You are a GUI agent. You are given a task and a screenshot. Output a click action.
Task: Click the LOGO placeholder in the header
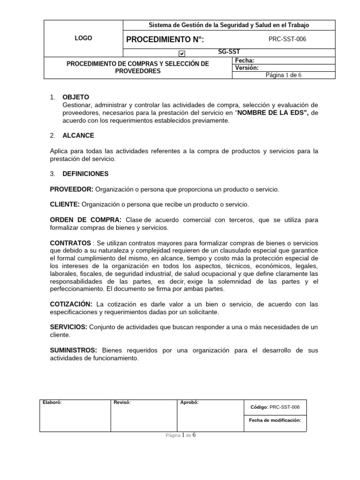(x=83, y=38)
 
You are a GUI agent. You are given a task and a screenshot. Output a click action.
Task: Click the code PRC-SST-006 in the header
(x=287, y=39)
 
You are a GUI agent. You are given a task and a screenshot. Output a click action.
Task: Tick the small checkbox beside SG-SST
(x=182, y=54)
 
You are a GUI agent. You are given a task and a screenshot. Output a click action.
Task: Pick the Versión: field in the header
(x=247, y=67)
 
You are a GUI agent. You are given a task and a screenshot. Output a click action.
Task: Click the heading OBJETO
(x=75, y=97)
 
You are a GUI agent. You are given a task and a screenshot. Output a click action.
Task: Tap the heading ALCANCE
(x=78, y=135)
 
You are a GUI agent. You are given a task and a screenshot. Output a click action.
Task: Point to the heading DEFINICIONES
(x=85, y=173)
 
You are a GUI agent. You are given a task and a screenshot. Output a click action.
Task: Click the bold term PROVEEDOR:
(x=72, y=189)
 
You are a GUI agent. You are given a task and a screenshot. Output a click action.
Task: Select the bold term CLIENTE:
(x=65, y=205)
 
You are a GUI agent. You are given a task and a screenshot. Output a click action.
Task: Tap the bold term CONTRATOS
(x=70, y=243)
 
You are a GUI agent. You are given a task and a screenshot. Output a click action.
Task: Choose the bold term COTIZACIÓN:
(x=71, y=304)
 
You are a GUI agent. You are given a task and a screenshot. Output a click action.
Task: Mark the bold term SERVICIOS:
(x=68, y=327)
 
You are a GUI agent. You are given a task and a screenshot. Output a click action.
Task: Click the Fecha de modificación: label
(x=275, y=420)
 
